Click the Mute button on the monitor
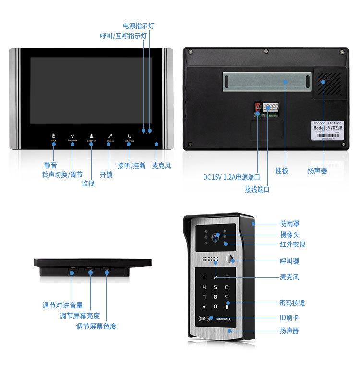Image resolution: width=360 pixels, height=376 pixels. click(53, 137)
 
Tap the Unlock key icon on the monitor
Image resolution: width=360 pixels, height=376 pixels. click(110, 137)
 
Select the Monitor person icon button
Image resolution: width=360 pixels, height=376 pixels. click(91, 137)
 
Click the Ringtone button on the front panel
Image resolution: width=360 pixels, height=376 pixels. click(72, 137)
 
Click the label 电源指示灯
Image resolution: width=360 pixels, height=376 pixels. click(139, 25)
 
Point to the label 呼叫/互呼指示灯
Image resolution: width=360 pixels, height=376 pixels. click(123, 36)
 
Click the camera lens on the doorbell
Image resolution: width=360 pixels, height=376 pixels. click(217, 236)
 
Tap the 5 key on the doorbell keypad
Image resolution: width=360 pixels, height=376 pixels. click(215, 287)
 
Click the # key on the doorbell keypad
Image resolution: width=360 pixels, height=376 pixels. click(227, 307)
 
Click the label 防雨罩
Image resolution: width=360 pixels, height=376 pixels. click(289, 223)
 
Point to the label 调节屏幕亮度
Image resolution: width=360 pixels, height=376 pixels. click(80, 315)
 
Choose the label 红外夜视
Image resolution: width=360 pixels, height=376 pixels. click(292, 244)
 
